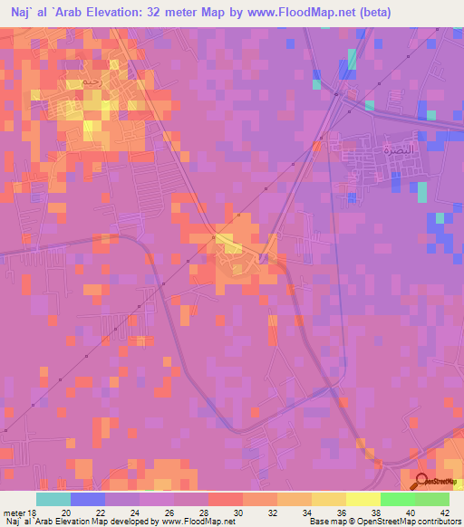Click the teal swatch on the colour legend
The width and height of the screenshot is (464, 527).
click(53, 499)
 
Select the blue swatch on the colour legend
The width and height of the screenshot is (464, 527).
click(88, 499)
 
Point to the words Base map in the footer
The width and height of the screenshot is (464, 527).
click(323, 522)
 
